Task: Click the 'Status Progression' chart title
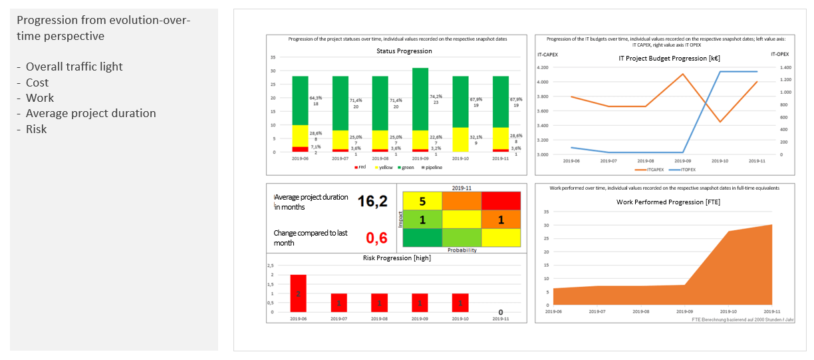(404, 51)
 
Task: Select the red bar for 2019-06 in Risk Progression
(299, 293)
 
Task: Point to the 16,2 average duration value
(372, 201)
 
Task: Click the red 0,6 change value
(377, 238)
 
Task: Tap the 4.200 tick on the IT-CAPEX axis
(542, 67)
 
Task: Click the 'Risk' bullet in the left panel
(36, 129)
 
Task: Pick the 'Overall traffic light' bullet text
(74, 67)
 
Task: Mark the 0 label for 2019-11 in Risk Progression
(500, 312)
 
